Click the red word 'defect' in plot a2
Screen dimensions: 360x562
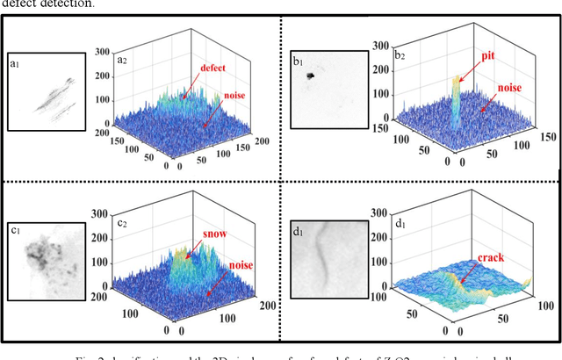[x=214, y=67]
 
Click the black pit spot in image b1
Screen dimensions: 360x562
[x=311, y=77]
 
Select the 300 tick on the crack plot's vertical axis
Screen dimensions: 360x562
[x=380, y=212]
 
